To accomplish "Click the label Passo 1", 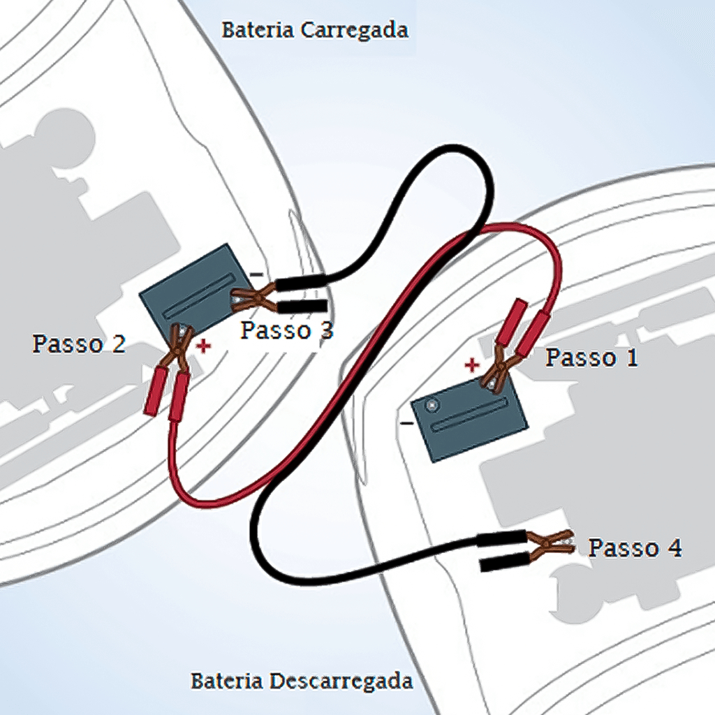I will (x=591, y=357).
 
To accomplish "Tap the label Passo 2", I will (x=79, y=344).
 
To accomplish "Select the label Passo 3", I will (x=286, y=330).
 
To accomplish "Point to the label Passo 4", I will (x=635, y=548).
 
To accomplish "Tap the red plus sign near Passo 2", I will (x=203, y=346).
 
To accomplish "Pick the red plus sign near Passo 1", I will (x=473, y=364).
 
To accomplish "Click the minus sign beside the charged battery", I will (x=257, y=274).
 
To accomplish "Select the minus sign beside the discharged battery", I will (x=406, y=423).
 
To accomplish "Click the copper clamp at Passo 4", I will (x=552, y=545).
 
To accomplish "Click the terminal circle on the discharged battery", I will (x=433, y=404).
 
